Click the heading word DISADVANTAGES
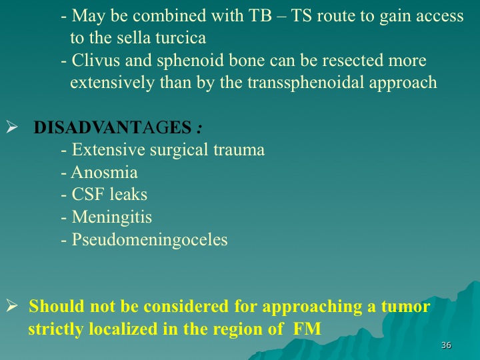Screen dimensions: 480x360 (x=113, y=127)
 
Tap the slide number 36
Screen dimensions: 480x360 (x=446, y=345)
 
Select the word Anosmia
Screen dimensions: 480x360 (x=105, y=172)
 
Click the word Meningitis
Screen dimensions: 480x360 (x=112, y=218)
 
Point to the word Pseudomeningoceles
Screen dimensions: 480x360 (x=150, y=240)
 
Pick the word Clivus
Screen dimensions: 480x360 (x=96, y=60)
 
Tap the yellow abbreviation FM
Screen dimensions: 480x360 (x=307, y=329)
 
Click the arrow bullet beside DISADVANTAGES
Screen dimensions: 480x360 (x=11, y=127)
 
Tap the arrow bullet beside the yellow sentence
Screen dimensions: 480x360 (x=11, y=306)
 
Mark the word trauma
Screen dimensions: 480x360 (x=239, y=150)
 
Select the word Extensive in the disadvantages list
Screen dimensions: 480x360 (x=109, y=150)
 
